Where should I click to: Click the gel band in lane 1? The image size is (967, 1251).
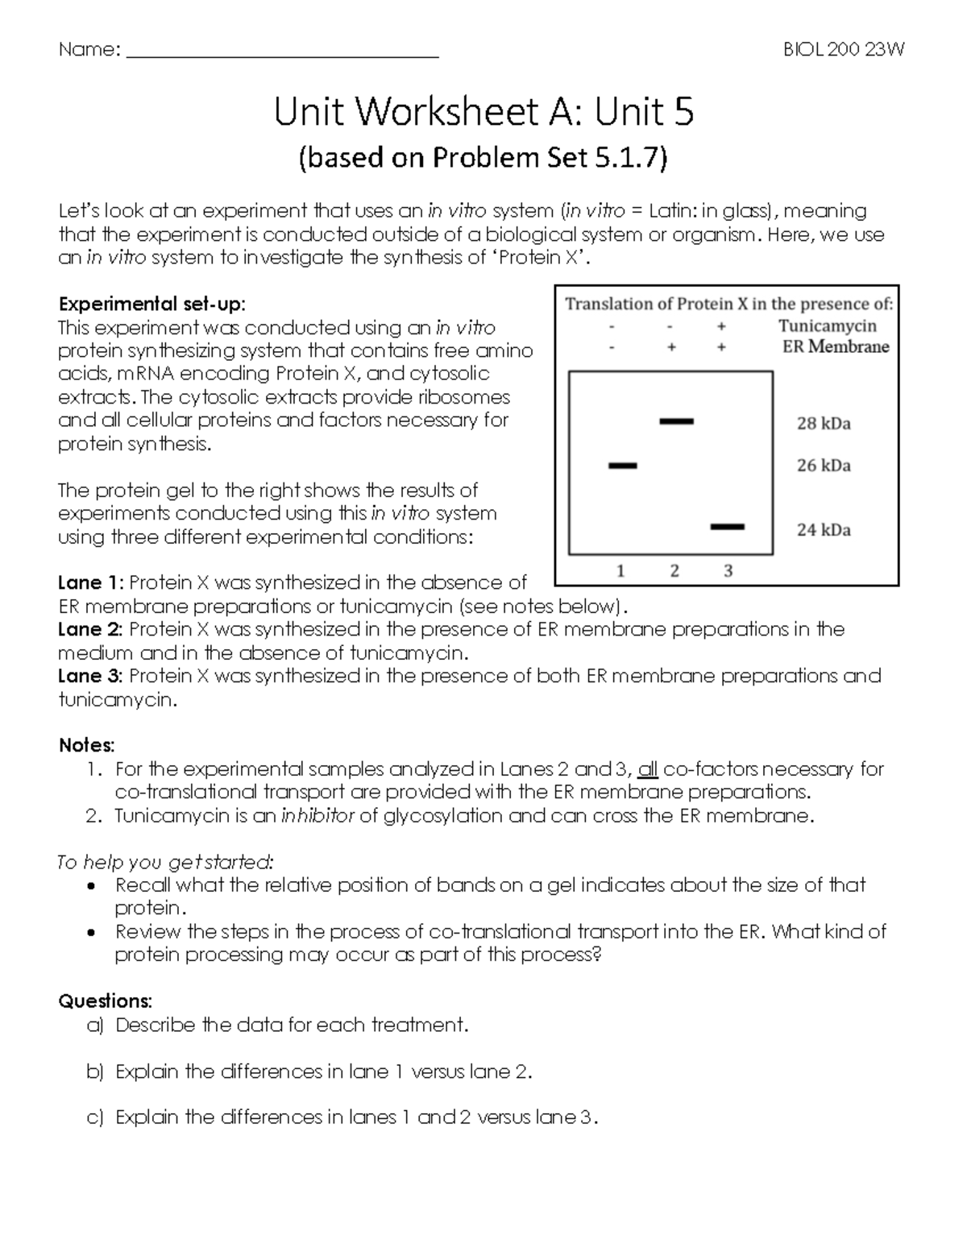[x=622, y=466]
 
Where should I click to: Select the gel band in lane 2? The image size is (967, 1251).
[x=676, y=421]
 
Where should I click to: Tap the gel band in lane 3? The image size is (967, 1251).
[x=728, y=528]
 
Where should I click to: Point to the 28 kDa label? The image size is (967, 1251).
[x=824, y=424]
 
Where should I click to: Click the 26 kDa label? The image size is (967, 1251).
[x=824, y=466]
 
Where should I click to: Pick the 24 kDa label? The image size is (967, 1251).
[x=824, y=530]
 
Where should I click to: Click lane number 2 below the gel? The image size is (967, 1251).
[x=674, y=571]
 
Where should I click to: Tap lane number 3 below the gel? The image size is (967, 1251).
[x=728, y=571]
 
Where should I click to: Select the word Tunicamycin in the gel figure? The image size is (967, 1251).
[x=827, y=326]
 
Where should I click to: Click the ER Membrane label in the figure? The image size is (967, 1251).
[x=836, y=347]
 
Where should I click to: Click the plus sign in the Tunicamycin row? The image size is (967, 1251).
[x=721, y=326]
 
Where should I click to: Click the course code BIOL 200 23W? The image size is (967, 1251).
[x=844, y=50]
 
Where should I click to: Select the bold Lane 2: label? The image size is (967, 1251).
[x=90, y=629]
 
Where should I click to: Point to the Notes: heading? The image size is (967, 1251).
[x=87, y=745]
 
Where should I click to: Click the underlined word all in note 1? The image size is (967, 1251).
[x=648, y=769]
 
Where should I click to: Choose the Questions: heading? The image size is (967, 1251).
[x=105, y=1001]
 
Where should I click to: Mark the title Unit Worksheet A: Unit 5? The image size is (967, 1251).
[x=483, y=112]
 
